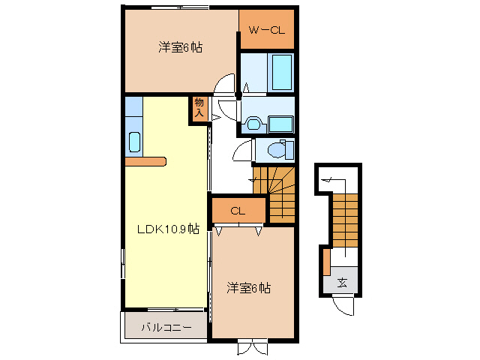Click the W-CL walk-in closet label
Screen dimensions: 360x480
point(265,31)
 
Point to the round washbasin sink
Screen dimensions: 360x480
point(253,124)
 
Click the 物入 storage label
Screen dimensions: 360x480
point(199,108)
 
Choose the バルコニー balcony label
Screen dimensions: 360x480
point(166,327)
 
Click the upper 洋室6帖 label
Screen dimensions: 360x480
point(180,47)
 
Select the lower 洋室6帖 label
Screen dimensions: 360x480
point(248,287)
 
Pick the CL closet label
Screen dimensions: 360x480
point(238,211)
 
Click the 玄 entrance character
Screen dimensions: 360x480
point(342,283)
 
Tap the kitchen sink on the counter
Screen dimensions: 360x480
point(134,142)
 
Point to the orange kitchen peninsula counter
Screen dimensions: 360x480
point(145,160)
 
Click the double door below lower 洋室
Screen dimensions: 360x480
point(253,347)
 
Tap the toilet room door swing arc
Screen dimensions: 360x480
point(243,152)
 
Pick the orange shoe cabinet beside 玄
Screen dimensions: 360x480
point(326,262)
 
